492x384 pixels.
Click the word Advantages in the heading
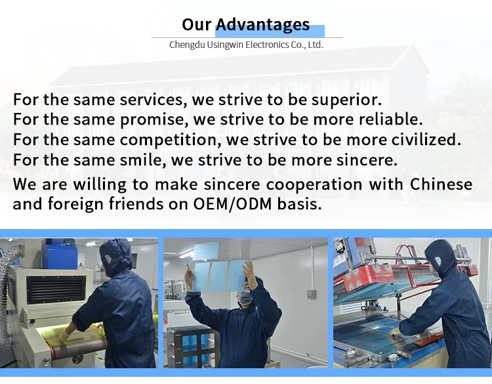coord(263,25)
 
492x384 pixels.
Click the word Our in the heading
coord(196,24)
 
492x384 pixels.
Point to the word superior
coord(346,100)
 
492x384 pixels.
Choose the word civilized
coord(426,139)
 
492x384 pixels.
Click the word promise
coord(154,120)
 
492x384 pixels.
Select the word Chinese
coord(441,184)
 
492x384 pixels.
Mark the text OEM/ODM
coord(232,204)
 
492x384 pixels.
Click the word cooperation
coord(314,184)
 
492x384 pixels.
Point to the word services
coord(152,100)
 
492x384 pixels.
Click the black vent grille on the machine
coord(56,289)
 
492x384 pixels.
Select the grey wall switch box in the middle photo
coord(311,294)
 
